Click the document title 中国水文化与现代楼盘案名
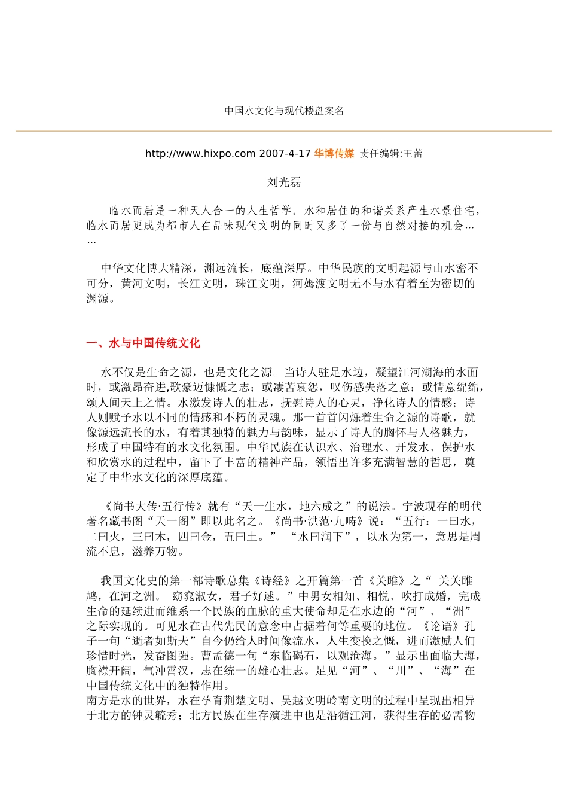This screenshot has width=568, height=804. coord(284,111)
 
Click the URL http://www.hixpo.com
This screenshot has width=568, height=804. coord(200,154)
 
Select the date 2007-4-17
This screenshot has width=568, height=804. coord(285,154)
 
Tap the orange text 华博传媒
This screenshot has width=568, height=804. coord(334,154)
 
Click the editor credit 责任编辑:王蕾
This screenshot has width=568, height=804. coord(391,154)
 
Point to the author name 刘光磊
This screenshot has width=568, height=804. coord(284,182)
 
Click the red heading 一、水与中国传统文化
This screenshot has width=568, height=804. coord(143,343)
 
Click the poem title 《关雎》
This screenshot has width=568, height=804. coord(389,581)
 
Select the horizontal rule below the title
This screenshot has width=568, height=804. coord(284,131)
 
